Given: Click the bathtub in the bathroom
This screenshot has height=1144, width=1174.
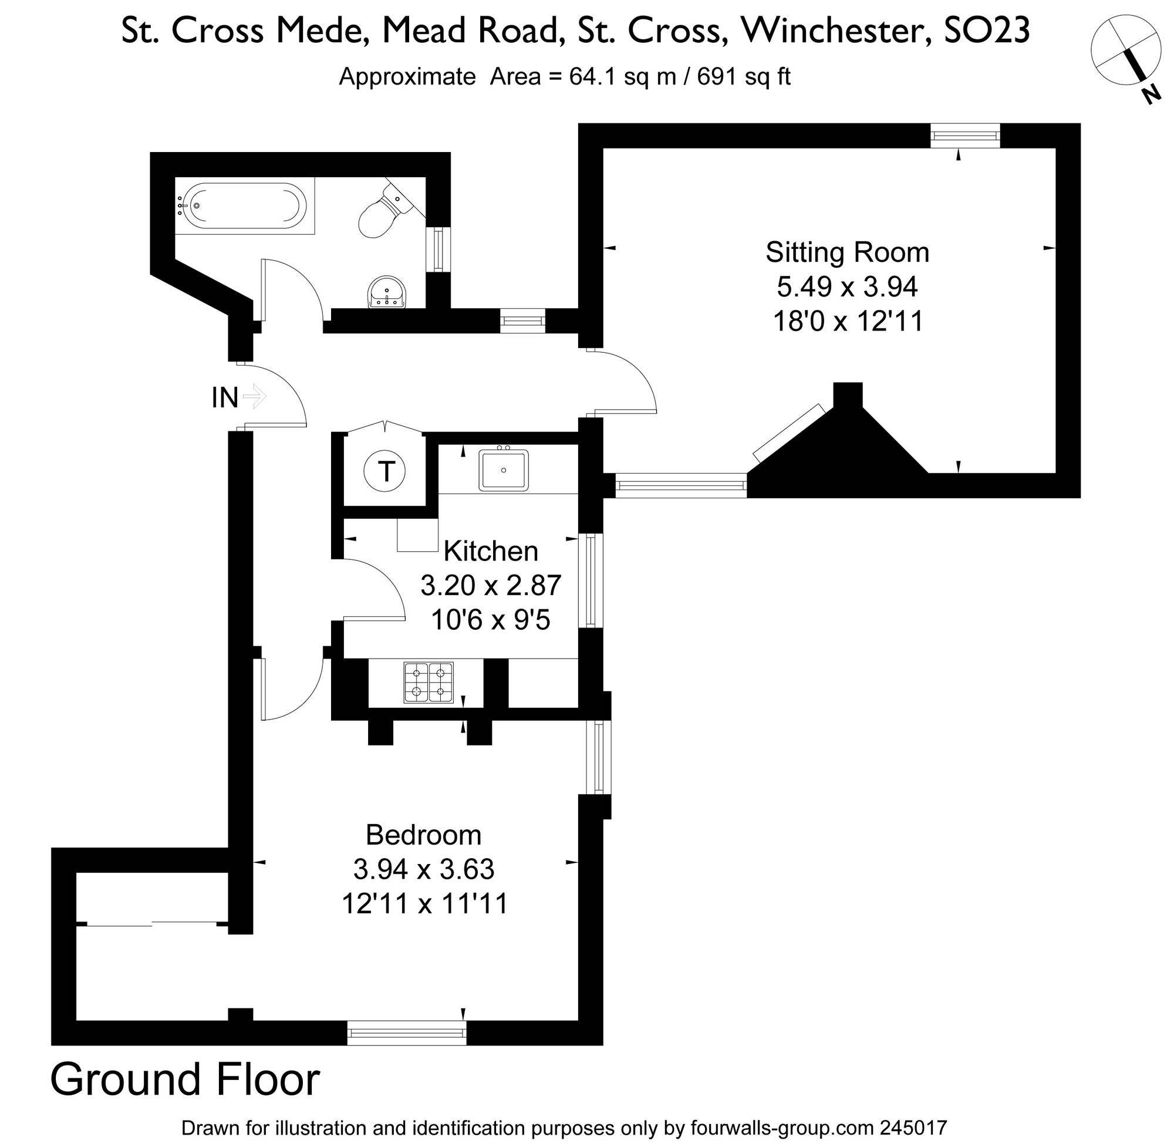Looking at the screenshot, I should pyautogui.click(x=244, y=206).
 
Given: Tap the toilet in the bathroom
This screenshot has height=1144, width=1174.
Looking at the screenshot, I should pyautogui.click(x=382, y=211).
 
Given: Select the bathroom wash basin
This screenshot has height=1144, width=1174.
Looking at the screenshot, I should pyautogui.click(x=386, y=293).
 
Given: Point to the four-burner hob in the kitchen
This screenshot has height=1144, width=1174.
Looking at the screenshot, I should pyautogui.click(x=429, y=682).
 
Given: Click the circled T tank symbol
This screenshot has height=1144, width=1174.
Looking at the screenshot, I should pyautogui.click(x=384, y=471).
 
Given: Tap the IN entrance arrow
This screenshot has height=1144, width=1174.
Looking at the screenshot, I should pyautogui.click(x=255, y=397).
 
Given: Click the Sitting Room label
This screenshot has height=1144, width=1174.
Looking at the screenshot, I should pyautogui.click(x=846, y=252).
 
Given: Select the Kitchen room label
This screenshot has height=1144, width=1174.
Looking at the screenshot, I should pyautogui.click(x=490, y=551).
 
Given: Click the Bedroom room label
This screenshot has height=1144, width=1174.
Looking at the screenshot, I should pyautogui.click(x=424, y=835).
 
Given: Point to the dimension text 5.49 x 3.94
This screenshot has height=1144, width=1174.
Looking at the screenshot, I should pyautogui.click(x=846, y=286).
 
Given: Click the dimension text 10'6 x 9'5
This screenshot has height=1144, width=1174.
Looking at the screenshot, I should pyautogui.click(x=490, y=619).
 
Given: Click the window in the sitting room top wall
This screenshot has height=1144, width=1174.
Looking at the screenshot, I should pyautogui.click(x=965, y=136).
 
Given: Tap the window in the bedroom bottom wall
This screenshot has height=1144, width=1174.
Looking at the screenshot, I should pyautogui.click(x=407, y=1033).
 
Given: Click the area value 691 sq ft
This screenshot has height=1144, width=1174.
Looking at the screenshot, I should pyautogui.click(x=743, y=77).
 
